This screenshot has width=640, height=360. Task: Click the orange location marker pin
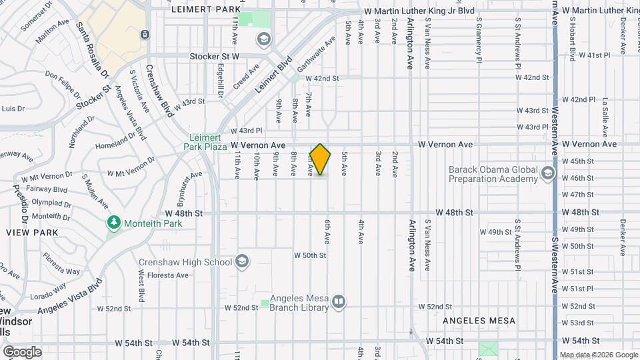(x=321, y=159)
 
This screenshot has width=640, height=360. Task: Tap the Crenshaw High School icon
(x=241, y=261)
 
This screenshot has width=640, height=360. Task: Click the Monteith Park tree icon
(x=114, y=222)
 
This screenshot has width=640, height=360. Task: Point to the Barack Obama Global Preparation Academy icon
(x=548, y=174)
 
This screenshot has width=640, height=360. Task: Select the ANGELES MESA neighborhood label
(x=480, y=321)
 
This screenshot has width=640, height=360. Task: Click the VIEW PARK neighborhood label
(x=32, y=233)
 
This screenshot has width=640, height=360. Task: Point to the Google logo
(x=22, y=351)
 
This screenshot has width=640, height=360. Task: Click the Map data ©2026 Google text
(x=599, y=355)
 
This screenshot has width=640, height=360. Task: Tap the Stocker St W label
(x=214, y=57)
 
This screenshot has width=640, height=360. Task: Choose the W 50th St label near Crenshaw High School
(x=309, y=255)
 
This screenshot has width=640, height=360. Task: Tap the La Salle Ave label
(x=605, y=113)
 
